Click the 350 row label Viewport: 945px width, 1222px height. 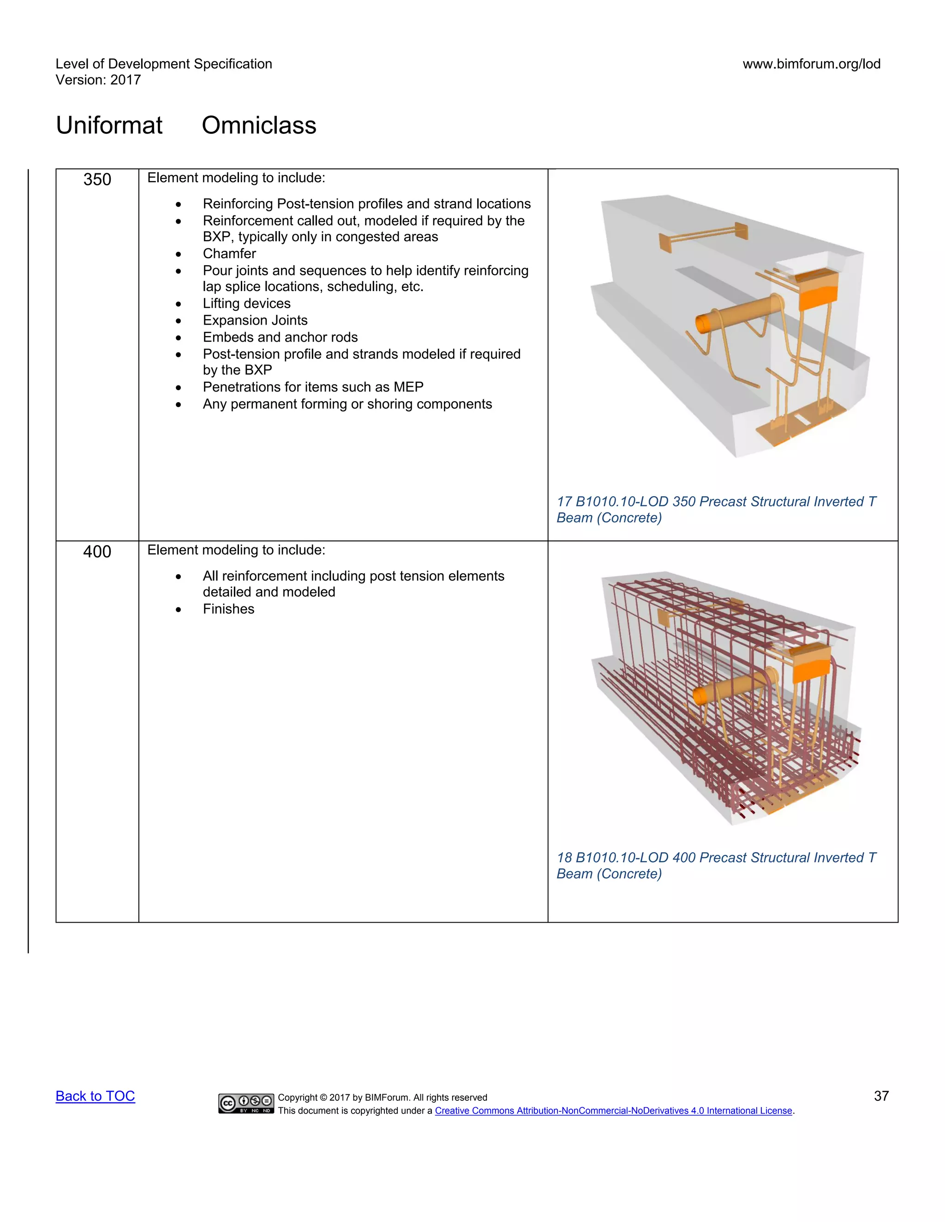click(x=97, y=179)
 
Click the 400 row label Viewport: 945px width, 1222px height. click(x=97, y=552)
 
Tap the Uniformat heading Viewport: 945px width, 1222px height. click(x=109, y=125)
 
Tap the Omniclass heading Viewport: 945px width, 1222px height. click(x=259, y=125)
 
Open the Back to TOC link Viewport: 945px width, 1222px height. click(x=95, y=1096)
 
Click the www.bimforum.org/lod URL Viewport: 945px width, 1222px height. click(x=811, y=64)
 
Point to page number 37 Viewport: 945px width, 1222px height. click(x=881, y=1096)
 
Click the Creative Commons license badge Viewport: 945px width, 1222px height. click(x=246, y=1103)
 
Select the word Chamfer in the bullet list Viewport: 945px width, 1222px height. click(x=229, y=254)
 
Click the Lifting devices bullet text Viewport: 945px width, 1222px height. click(x=246, y=303)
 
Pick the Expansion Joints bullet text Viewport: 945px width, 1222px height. click(x=255, y=320)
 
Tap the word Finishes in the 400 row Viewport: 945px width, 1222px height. click(x=228, y=609)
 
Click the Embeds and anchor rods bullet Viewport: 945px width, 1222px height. click(x=280, y=337)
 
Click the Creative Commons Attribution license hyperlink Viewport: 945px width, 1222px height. click(x=613, y=1111)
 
